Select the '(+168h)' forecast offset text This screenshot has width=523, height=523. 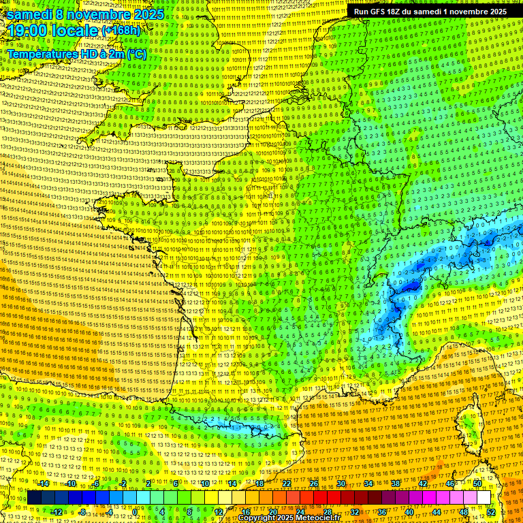point(121,31)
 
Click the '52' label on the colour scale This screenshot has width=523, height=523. point(491,511)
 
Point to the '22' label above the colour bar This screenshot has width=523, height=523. point(287,483)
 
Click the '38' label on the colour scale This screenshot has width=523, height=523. point(396,483)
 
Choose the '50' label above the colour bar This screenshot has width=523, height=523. point(477,483)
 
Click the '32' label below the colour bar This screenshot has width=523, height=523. point(355,511)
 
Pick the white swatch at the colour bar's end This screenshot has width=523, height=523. point(484,497)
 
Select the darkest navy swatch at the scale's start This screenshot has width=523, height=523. point(34,497)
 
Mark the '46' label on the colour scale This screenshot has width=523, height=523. point(450,483)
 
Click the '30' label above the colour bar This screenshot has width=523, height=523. point(341,483)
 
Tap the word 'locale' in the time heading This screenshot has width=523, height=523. point(73,31)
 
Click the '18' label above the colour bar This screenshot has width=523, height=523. point(259,483)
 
